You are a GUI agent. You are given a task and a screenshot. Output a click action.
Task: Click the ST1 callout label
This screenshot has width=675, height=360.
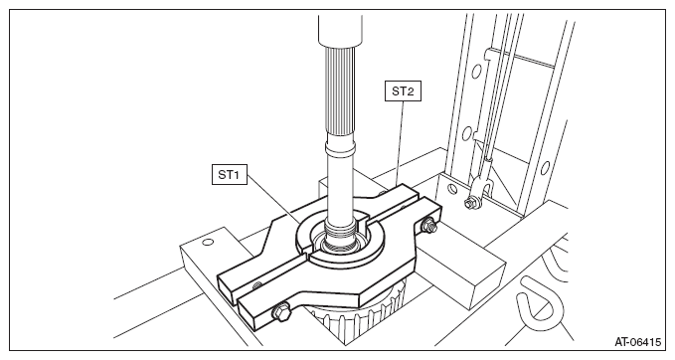229,174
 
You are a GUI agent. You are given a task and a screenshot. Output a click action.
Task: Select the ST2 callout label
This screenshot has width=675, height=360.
403,90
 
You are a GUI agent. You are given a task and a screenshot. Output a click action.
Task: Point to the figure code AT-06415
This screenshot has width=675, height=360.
637,342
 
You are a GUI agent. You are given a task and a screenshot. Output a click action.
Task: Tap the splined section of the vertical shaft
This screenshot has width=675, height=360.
340,90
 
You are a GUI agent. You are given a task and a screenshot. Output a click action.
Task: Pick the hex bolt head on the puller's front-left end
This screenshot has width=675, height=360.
281,311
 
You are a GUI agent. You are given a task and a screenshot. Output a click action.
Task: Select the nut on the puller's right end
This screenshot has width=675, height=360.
428,225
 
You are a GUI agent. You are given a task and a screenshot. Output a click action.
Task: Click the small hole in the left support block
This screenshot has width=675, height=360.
208,242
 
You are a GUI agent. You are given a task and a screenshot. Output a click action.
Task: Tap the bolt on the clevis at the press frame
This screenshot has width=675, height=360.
469,202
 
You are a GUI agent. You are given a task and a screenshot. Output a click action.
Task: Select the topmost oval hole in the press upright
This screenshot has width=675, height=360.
476,72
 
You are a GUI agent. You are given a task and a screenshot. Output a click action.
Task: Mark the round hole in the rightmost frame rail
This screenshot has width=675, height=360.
545,167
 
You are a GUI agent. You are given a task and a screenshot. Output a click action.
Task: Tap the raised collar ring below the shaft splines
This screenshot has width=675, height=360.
340,148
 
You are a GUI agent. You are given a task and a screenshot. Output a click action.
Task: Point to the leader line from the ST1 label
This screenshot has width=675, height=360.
273,199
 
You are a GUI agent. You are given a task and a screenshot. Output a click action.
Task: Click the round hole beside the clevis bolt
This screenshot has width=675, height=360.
452,188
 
